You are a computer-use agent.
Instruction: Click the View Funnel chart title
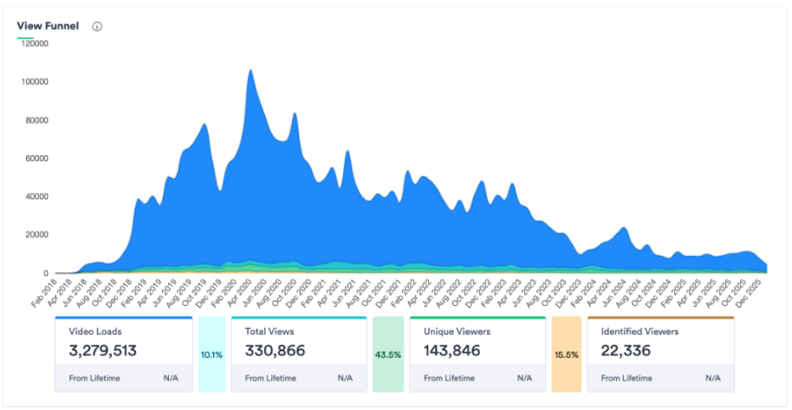tap(48, 26)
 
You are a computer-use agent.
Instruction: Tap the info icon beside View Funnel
tap(97, 26)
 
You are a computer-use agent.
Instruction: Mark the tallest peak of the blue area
tap(250, 71)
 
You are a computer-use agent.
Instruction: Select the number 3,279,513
tap(102, 351)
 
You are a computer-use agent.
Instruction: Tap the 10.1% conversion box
tap(211, 354)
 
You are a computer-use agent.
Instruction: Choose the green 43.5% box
tap(387, 354)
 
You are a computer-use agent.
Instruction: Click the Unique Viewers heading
tap(458, 331)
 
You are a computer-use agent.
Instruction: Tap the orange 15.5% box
tap(566, 354)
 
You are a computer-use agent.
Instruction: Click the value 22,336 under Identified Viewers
tap(628, 351)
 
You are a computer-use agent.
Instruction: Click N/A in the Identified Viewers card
tap(712, 378)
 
